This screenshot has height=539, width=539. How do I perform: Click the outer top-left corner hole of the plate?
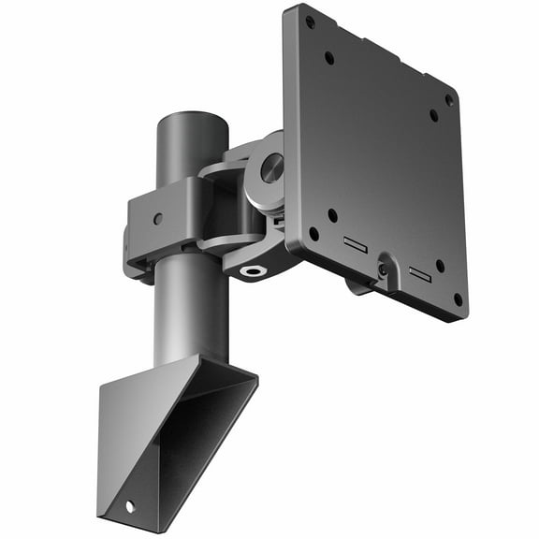coord(310,20)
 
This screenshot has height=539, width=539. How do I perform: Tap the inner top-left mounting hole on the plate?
coord(329,57)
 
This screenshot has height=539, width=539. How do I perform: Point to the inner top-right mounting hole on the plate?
coord(433,115)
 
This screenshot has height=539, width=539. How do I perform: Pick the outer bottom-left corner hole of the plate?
coord(313,234)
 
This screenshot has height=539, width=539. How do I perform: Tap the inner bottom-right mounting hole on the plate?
coord(440,266)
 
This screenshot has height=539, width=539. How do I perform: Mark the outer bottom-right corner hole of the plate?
coord(457,299)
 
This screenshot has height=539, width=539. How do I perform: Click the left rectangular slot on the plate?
coord(355,245)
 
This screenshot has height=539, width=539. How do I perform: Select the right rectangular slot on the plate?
coord(419,274)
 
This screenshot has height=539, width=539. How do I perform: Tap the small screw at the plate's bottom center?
coord(383,269)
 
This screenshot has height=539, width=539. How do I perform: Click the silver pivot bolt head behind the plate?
coord(271,168)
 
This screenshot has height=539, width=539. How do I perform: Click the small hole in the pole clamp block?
coord(157,218)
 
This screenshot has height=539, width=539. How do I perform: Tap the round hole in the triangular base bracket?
coord(129,506)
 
